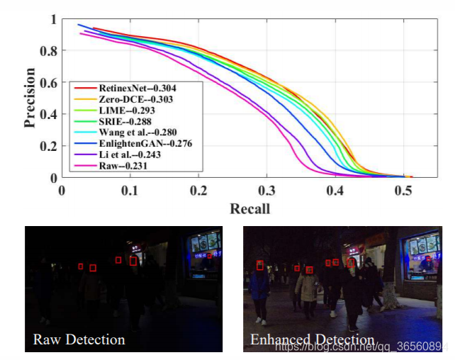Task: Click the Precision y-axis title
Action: point(30,97)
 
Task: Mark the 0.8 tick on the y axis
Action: point(47,51)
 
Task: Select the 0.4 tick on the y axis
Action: point(47,114)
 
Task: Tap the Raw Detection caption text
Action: point(79,339)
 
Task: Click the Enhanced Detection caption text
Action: point(312,340)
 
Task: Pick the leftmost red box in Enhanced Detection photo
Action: point(260,266)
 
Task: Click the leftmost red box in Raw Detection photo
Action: point(81,266)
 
